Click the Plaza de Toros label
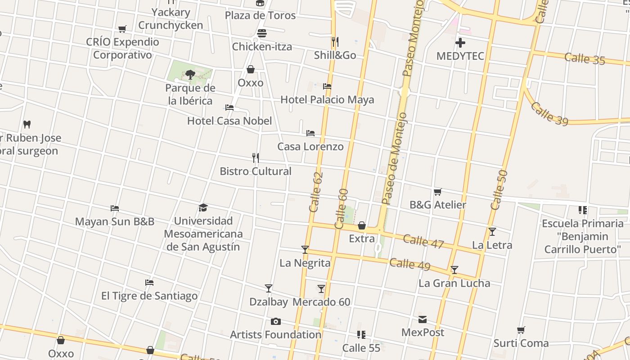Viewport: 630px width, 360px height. (x=260, y=15)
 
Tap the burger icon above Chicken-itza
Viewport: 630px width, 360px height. (x=262, y=34)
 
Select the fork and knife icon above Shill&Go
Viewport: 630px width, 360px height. (x=335, y=42)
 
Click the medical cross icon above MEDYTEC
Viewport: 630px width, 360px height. (x=460, y=43)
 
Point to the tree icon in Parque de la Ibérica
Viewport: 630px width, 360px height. (x=190, y=74)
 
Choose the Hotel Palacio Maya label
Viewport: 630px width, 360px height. (x=327, y=99)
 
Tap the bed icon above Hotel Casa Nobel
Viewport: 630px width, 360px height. (x=229, y=108)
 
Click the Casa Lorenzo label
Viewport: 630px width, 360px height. (x=310, y=146)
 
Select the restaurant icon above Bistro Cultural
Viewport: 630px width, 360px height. (x=256, y=158)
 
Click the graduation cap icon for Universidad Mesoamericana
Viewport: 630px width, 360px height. (x=203, y=207)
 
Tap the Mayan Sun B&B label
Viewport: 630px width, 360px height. (x=114, y=221)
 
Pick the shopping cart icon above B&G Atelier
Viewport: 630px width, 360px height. (x=437, y=192)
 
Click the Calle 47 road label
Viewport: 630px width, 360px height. (x=423, y=241)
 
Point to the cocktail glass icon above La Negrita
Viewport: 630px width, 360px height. (x=305, y=249)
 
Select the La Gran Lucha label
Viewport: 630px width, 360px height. (x=454, y=283)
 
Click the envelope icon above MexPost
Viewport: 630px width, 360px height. (x=423, y=319)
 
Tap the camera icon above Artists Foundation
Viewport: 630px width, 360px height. (x=276, y=321)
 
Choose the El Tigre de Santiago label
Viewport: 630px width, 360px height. (x=149, y=296)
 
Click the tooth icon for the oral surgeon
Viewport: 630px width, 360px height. (x=27, y=124)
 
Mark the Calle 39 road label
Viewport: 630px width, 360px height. (x=549, y=113)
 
